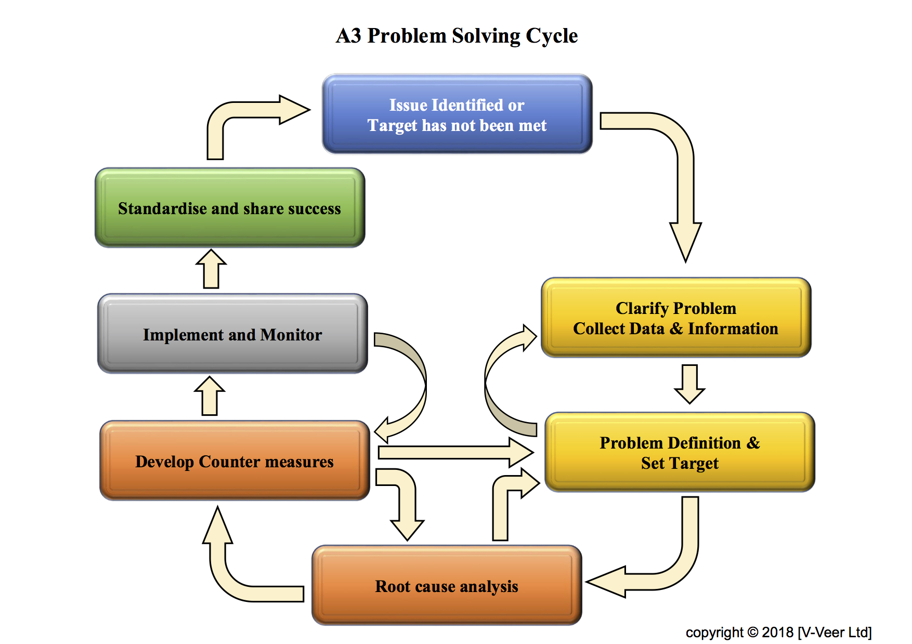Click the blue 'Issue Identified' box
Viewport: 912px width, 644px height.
coord(457,114)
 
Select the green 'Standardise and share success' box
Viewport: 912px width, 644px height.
coord(230,208)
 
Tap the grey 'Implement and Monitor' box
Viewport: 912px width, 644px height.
coord(232,334)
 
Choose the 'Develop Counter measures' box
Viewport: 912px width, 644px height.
coord(234,461)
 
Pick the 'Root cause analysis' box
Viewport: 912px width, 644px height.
coord(447,586)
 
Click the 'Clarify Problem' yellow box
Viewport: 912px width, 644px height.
coord(676,318)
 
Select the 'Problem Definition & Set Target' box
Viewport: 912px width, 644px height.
coord(680,452)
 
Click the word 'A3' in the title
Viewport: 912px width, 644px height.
coord(348,36)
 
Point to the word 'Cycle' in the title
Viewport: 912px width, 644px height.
coord(552,36)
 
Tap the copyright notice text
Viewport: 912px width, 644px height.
coord(778,632)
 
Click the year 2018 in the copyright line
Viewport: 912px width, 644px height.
coord(777,632)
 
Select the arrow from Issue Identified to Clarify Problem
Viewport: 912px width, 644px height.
coord(685,172)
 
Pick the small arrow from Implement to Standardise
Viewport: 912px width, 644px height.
coord(211,269)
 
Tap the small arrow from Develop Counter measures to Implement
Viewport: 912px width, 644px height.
coord(210,396)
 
